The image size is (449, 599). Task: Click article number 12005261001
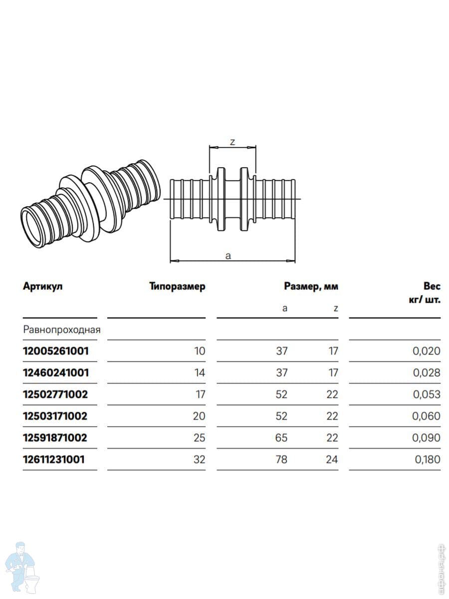click(56, 351)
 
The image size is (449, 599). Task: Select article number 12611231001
click(54, 460)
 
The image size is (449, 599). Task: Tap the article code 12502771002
click(55, 394)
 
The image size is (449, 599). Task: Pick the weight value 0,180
click(428, 460)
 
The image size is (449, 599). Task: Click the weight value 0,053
click(427, 394)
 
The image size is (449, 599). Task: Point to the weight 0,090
click(426, 438)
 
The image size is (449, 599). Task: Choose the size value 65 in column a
click(281, 438)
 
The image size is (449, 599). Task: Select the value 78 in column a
click(281, 460)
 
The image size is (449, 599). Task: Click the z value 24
click(332, 460)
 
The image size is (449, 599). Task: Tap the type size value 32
click(200, 460)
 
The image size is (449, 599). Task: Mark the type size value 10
click(200, 351)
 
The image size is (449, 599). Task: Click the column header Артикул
click(43, 286)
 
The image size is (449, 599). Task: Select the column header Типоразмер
click(177, 287)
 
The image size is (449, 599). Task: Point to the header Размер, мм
click(311, 286)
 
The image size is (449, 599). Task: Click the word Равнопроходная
click(62, 329)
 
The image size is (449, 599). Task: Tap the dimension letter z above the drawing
click(232, 142)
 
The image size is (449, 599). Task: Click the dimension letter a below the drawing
click(228, 256)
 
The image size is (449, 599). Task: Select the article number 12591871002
click(55, 438)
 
